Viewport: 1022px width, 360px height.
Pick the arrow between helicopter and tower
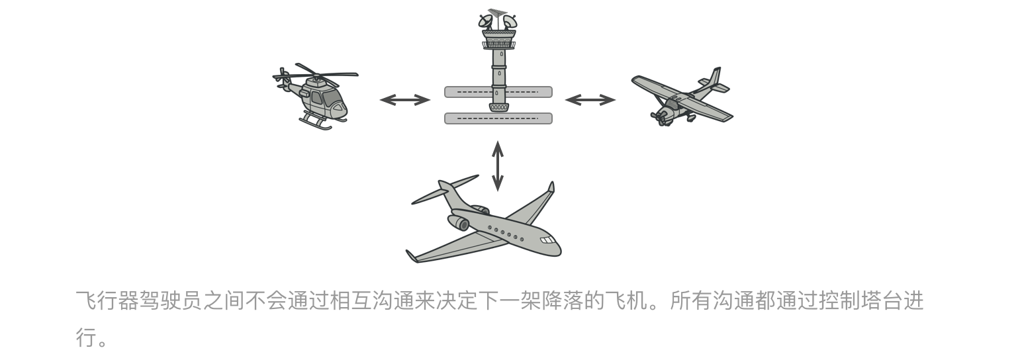click(x=404, y=100)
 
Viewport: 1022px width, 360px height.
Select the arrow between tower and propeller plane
click(x=590, y=100)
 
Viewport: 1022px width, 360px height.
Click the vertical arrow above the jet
click(x=498, y=165)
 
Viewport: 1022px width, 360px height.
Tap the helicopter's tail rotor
click(x=283, y=79)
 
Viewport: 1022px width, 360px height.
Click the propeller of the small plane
click(x=660, y=117)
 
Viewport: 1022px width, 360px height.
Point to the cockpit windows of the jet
click(x=547, y=240)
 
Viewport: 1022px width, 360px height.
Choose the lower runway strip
click(x=498, y=118)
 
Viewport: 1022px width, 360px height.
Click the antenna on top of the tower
click(x=497, y=13)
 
